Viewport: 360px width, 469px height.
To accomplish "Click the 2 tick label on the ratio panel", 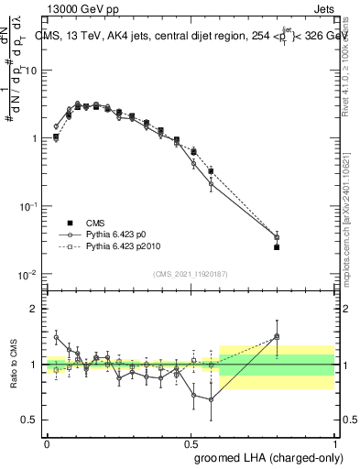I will pyautogui.click(x=35, y=309).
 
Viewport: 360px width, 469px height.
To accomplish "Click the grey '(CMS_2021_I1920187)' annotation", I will pyautogui.click(x=190, y=274).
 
